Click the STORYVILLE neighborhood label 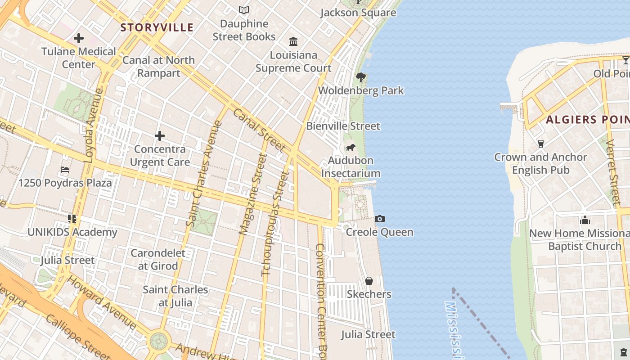[x=157, y=27]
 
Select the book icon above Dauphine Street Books [x=244, y=10]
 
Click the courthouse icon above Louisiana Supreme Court [x=293, y=42]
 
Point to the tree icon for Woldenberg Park [x=360, y=77]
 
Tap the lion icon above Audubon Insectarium [x=351, y=148]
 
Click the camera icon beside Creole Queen [x=380, y=219]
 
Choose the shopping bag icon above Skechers [x=369, y=281]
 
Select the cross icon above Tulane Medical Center [x=79, y=38]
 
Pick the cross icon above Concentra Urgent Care [x=160, y=136]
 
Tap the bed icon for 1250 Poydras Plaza [x=65, y=170]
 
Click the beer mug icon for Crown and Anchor [x=540, y=144]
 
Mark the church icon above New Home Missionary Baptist [x=585, y=220]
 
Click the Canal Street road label [x=260, y=130]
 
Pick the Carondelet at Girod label [x=158, y=259]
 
